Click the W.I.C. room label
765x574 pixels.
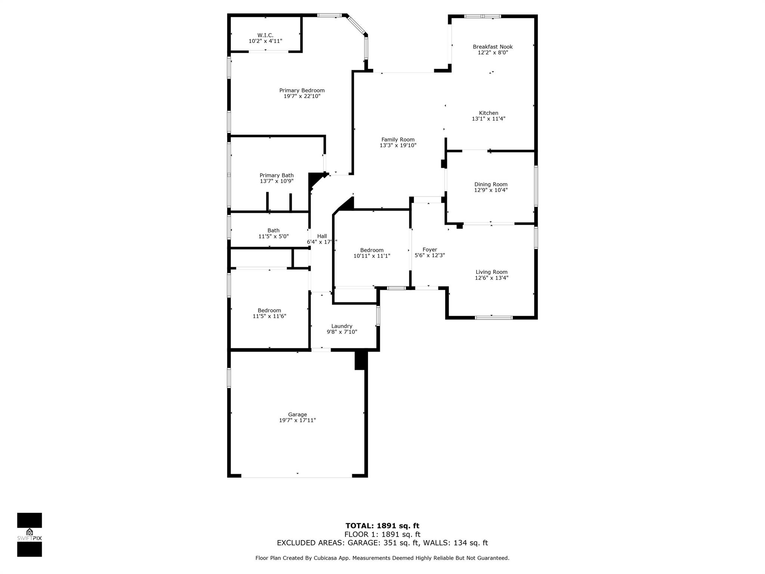click(265, 36)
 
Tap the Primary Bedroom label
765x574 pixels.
click(302, 90)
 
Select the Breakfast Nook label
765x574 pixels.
click(493, 47)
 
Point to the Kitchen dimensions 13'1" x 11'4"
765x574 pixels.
click(489, 119)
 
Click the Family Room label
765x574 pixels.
click(398, 140)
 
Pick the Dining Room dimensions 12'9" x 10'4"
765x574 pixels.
click(491, 190)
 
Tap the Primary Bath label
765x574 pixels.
click(276, 175)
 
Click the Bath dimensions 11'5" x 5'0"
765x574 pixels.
click(273, 237)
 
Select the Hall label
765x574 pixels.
click(322, 236)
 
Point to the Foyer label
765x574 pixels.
click(430, 250)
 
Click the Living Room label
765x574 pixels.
click(492, 272)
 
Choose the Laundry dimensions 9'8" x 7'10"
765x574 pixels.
click(342, 332)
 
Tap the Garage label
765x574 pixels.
click(297, 414)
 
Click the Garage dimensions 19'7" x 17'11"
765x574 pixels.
click(297, 420)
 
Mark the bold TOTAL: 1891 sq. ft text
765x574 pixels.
click(382, 526)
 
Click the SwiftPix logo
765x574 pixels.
click(30, 535)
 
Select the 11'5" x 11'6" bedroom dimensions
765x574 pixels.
click(269, 316)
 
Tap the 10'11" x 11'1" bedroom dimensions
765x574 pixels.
click(372, 256)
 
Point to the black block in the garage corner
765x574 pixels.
click(360, 360)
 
